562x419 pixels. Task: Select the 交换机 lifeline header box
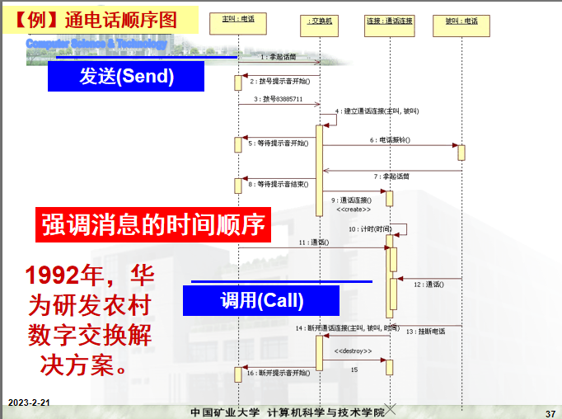point(318,21)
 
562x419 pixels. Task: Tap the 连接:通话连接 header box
point(390,21)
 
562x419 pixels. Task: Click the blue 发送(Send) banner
point(126,77)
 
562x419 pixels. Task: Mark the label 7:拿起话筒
point(391,176)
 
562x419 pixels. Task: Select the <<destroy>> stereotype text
point(354,351)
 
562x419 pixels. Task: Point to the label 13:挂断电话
point(425,331)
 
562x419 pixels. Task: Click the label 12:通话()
point(429,284)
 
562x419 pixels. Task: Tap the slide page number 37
point(550,412)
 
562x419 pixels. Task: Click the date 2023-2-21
point(30,403)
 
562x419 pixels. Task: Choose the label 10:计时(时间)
point(369,228)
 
